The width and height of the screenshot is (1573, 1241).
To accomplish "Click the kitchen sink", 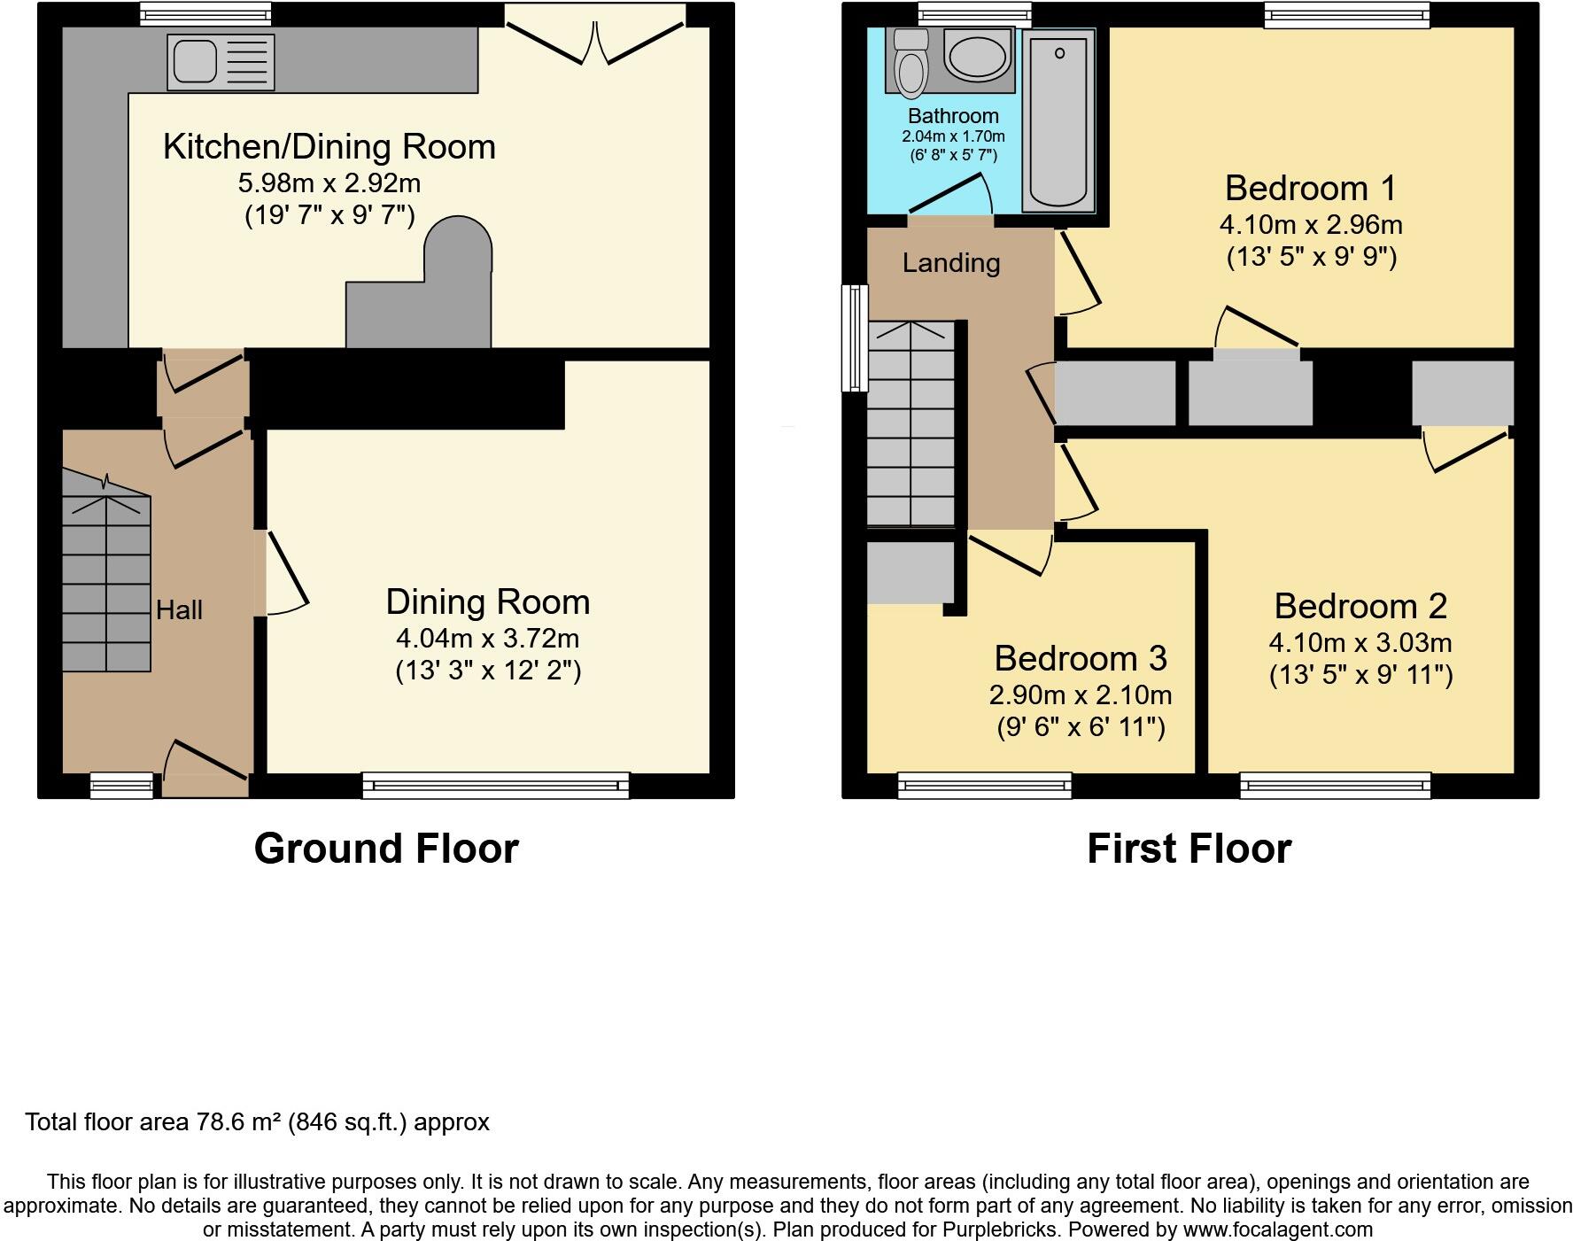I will (x=221, y=62).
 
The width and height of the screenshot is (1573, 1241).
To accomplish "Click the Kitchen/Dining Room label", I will (x=329, y=147).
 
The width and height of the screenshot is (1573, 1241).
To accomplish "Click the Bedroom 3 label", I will (x=1080, y=658).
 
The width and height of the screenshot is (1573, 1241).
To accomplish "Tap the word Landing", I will (x=950, y=263).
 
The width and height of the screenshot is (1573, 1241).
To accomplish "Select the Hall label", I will (x=179, y=610).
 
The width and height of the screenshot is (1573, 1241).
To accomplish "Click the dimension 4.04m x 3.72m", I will (x=487, y=638).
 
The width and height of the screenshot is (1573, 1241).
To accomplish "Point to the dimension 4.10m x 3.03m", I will (x=1360, y=642).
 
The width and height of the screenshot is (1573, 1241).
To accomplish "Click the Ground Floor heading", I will (x=385, y=849).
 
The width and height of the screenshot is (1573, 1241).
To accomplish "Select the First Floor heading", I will (x=1189, y=849).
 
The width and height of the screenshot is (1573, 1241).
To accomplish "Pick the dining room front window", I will (x=495, y=785).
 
